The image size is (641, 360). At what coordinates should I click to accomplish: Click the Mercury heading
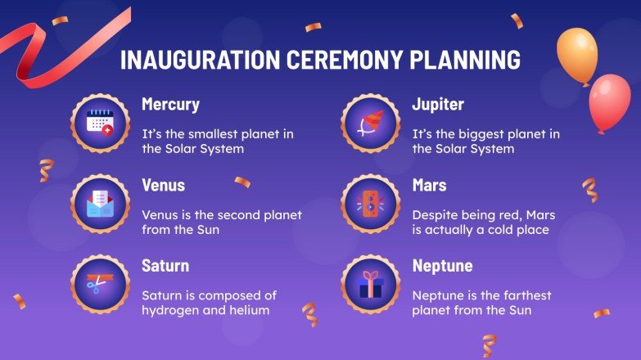170,106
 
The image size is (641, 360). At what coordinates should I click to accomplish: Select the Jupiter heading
438,106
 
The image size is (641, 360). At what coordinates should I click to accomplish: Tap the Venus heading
163,186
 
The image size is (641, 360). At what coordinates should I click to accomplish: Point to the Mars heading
429,186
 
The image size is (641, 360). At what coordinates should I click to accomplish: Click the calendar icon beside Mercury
101,124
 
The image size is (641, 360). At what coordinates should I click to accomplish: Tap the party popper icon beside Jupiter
371,124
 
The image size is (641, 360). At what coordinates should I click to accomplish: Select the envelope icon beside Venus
101,203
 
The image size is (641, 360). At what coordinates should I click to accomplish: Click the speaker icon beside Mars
371,203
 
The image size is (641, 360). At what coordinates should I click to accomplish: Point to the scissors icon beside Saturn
101,284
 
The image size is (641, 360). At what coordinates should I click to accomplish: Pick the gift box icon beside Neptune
371,284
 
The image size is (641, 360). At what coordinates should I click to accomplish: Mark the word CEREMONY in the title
347,61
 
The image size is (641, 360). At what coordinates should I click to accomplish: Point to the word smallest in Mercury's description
215,134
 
